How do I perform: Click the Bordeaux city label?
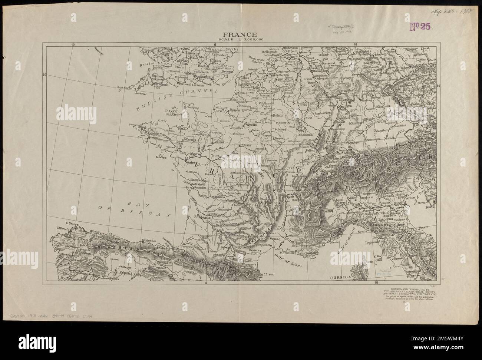tap(201, 218)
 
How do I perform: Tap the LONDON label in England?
tap(215, 60)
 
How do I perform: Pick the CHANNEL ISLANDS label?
tap(171, 112)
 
